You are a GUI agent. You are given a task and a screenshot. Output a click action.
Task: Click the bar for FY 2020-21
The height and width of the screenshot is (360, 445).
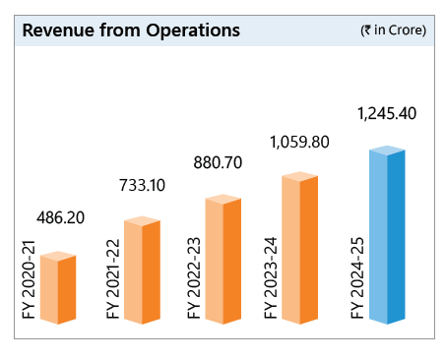[x=58, y=288]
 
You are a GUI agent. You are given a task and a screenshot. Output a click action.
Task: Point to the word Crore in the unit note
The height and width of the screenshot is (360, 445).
[x=405, y=31]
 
